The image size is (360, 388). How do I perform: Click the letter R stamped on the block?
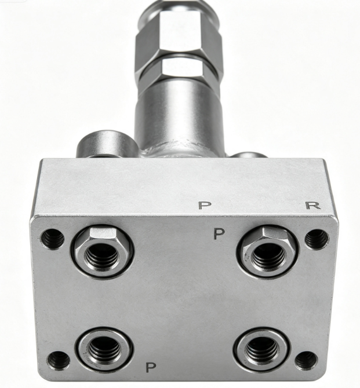click(313, 206)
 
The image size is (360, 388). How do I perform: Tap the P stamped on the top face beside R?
click(205, 206)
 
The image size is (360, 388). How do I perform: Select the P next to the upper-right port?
click(219, 233)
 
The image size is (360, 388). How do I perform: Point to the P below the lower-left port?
click(151, 367)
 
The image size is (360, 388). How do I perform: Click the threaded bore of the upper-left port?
click(102, 255)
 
